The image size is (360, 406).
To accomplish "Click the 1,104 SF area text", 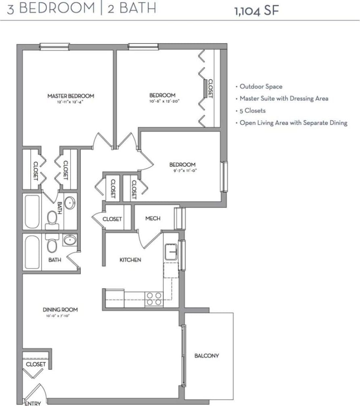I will click(256, 10).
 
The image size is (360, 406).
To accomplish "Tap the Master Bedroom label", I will click(71, 96).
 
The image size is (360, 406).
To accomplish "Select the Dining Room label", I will click(60, 310).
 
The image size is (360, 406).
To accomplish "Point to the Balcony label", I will click(207, 356).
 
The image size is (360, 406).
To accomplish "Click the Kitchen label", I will click(130, 260).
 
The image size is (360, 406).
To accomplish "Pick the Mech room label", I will click(153, 219).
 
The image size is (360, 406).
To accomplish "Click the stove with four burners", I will click(154, 298).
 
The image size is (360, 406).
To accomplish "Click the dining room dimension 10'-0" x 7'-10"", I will click(60, 316).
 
